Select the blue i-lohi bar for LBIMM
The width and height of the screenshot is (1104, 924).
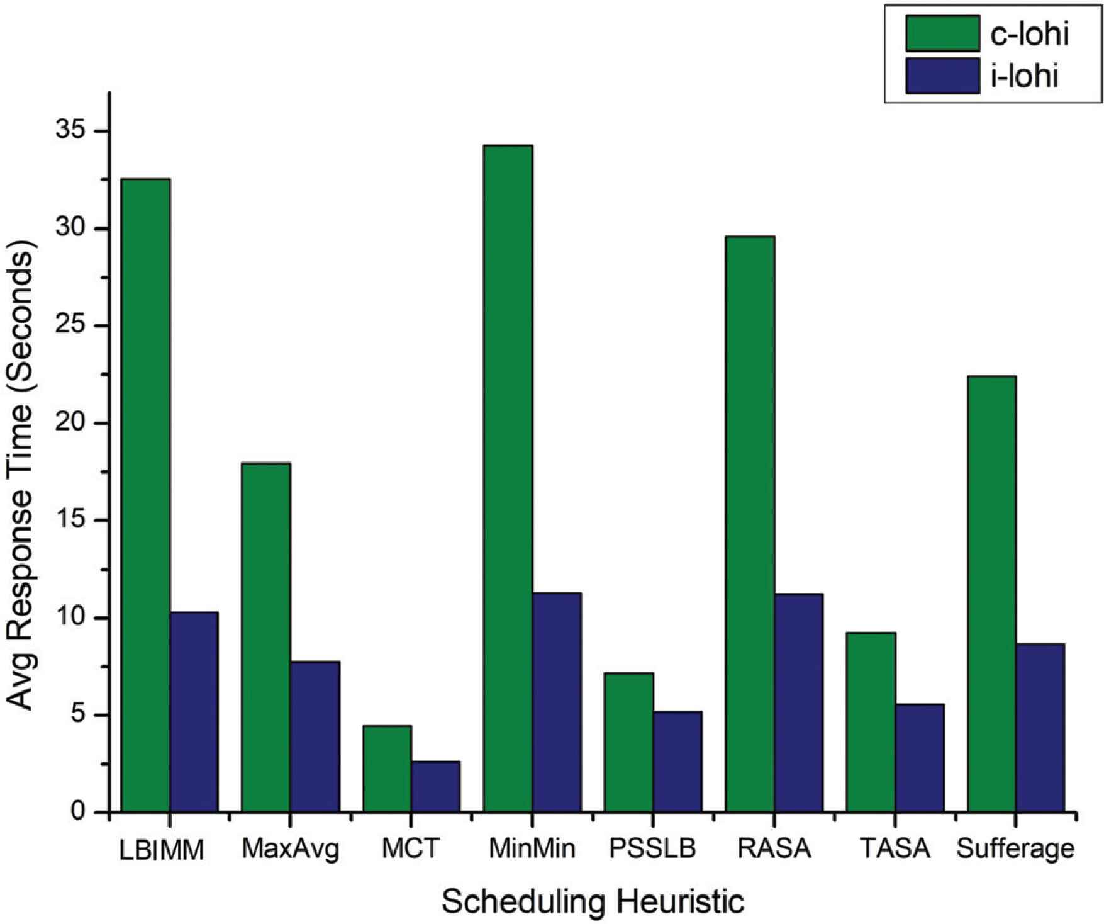(194, 712)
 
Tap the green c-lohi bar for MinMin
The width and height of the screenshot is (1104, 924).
(508, 478)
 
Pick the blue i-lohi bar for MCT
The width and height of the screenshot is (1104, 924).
(436, 787)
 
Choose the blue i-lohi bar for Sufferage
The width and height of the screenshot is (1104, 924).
(1040, 728)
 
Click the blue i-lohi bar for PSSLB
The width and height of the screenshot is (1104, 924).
(678, 762)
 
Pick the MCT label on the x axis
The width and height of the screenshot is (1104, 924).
(410, 849)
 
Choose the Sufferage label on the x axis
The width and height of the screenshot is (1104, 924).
(1015, 849)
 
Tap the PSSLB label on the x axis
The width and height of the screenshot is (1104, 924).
(653, 849)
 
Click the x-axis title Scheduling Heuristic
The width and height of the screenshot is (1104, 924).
(593, 901)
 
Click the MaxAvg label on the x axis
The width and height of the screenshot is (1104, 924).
(290, 849)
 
